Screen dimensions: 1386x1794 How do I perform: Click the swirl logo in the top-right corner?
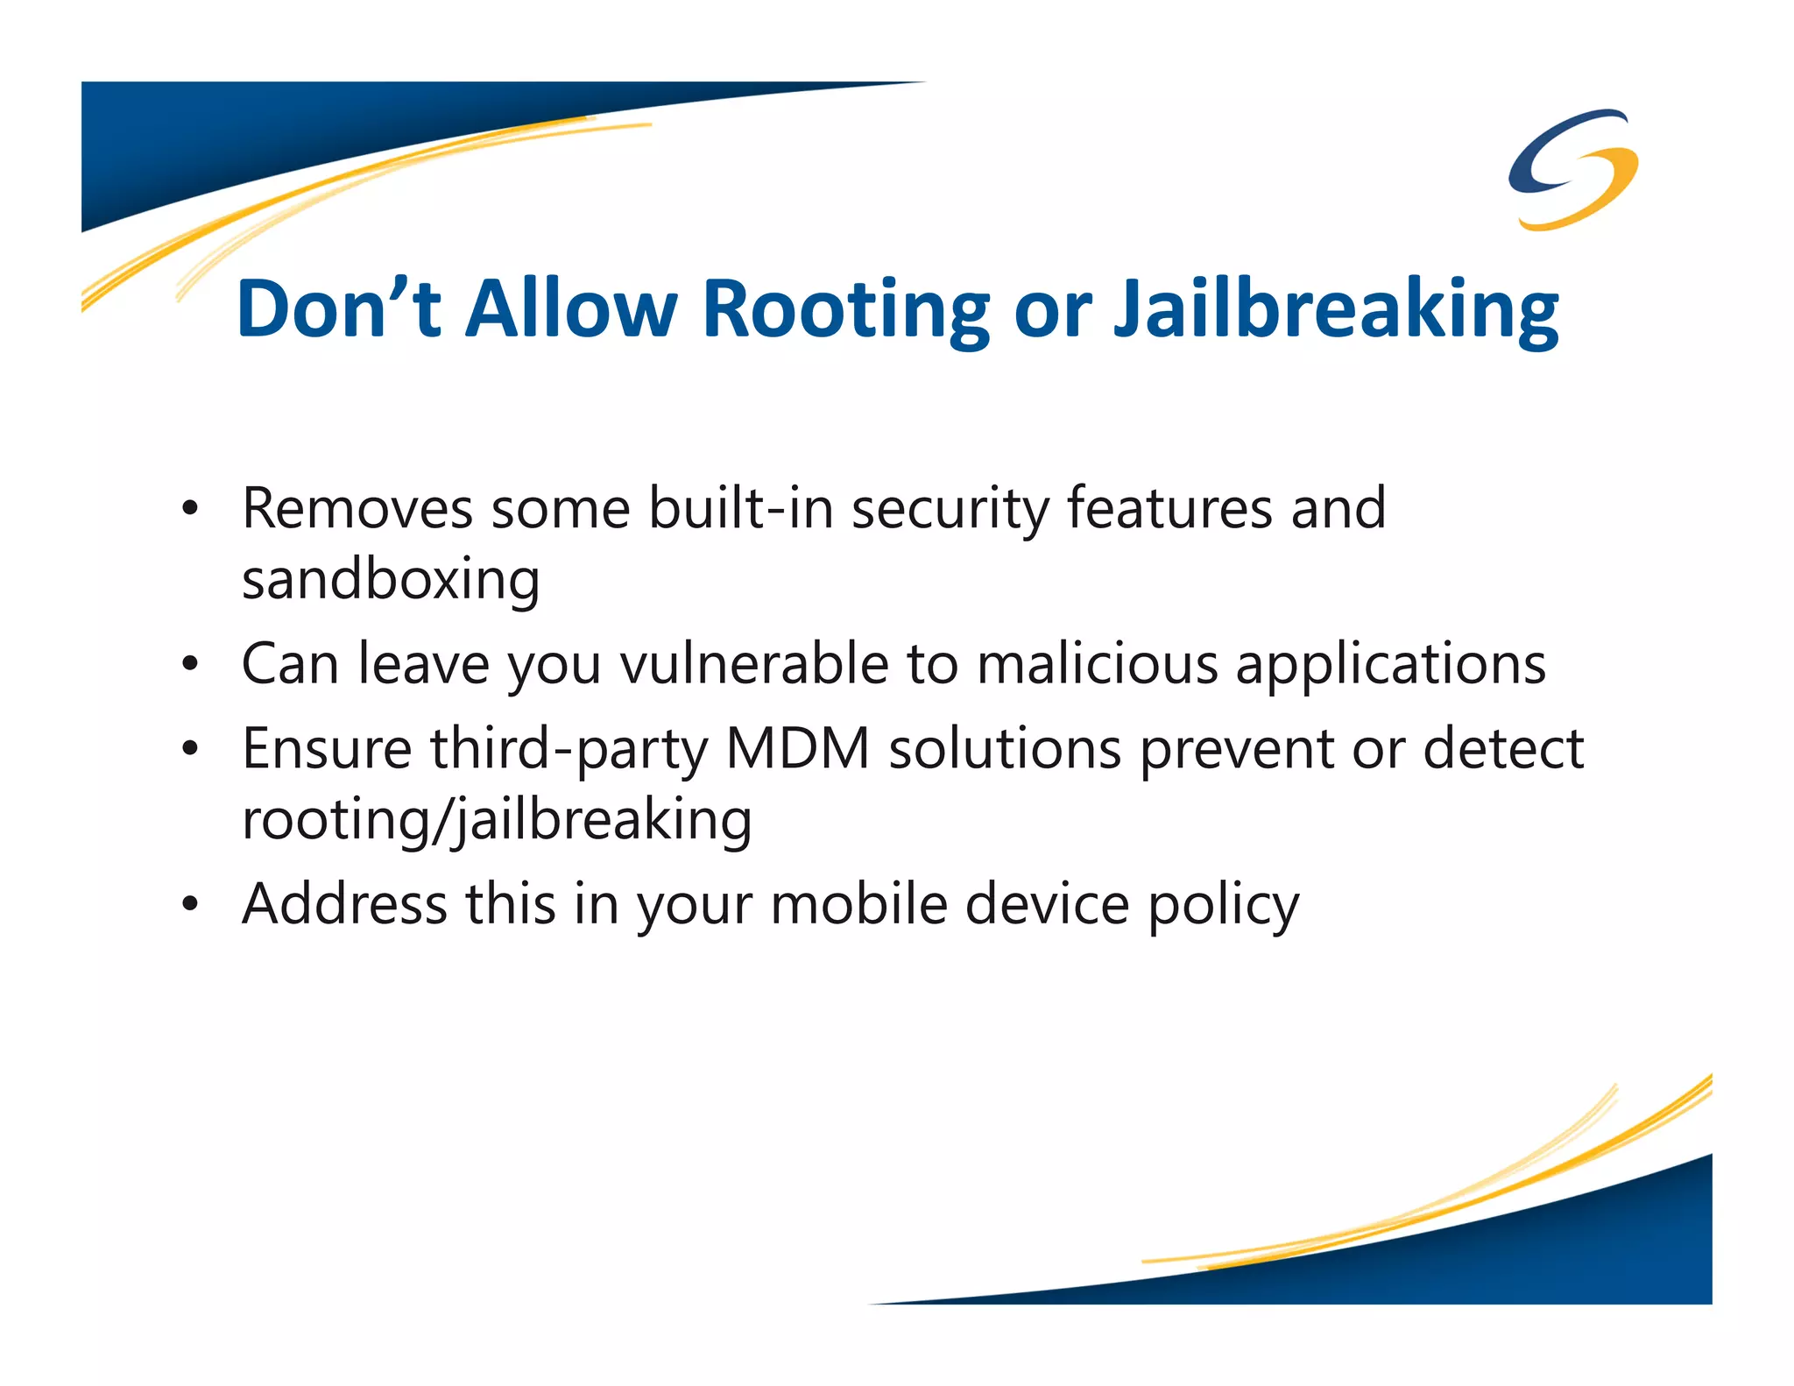click(1573, 168)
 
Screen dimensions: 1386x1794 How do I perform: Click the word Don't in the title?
click(338, 308)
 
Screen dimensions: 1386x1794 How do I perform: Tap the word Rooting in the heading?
click(846, 310)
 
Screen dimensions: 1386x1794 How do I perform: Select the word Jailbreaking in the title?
click(1336, 310)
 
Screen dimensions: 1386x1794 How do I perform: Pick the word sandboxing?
click(391, 580)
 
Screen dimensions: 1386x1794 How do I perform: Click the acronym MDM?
click(798, 749)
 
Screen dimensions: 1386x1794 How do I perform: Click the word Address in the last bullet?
click(344, 903)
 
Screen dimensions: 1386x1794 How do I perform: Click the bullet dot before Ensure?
click(190, 750)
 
